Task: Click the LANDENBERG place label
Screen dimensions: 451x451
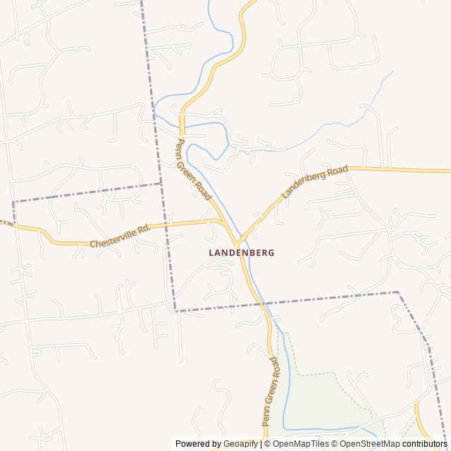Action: point(242,252)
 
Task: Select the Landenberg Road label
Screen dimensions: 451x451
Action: point(314,183)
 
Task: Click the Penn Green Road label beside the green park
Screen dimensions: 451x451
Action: point(271,390)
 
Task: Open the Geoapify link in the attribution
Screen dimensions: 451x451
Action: point(241,444)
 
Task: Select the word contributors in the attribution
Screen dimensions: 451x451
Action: point(425,444)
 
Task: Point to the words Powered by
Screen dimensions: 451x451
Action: point(198,444)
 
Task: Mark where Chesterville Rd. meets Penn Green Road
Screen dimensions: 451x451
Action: point(225,223)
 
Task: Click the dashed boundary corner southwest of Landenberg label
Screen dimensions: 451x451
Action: point(174,310)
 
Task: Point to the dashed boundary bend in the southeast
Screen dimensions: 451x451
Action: point(398,292)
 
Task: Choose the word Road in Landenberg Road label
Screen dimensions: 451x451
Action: point(337,172)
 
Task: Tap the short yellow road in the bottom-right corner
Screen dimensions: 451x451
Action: point(424,419)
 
